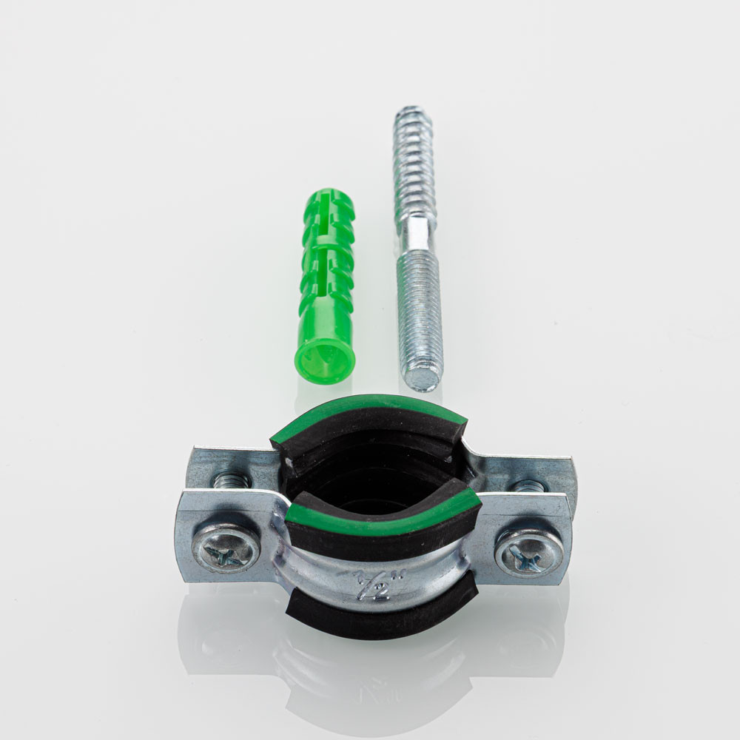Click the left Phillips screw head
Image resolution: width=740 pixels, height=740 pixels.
coord(226,549)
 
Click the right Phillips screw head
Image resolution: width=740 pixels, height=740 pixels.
coord(529,553)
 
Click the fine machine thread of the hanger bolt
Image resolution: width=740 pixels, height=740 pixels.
coord(420,312)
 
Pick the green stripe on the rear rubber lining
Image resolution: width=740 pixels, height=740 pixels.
coord(368,410)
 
